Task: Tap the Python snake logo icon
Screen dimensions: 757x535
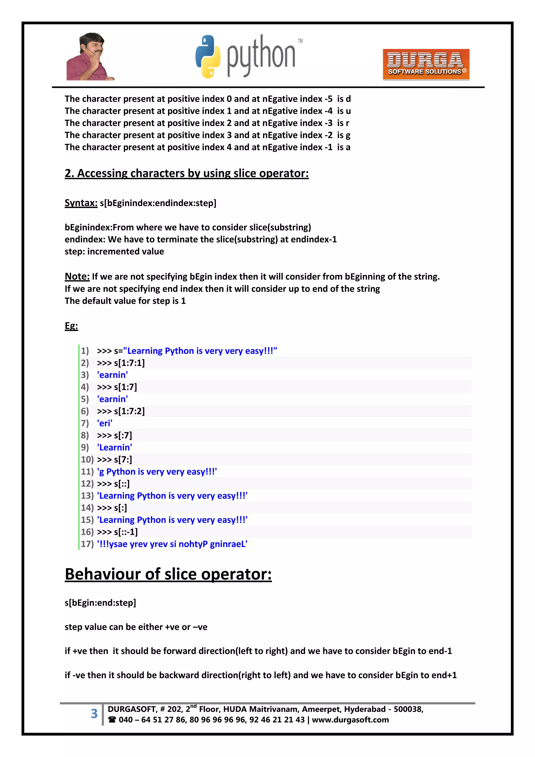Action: (207, 57)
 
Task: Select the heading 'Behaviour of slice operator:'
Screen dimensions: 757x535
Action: (168, 574)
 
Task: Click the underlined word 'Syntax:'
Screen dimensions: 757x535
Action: (81, 203)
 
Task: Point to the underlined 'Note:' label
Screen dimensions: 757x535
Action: (77, 276)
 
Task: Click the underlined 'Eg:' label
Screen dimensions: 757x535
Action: (71, 326)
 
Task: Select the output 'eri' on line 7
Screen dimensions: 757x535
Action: (104, 423)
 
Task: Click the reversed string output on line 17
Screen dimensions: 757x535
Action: (172, 544)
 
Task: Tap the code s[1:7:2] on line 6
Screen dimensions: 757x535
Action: (129, 411)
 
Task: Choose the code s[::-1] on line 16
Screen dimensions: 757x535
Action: (125, 532)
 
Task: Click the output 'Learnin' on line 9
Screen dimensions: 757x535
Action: (114, 447)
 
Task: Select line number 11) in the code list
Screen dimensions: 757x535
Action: (87, 471)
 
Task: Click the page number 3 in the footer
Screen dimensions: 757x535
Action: (94, 714)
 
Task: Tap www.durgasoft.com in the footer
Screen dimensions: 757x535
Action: (350, 720)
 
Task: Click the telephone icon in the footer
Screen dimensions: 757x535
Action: (112, 720)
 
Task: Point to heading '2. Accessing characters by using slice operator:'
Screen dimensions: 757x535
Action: (187, 173)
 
